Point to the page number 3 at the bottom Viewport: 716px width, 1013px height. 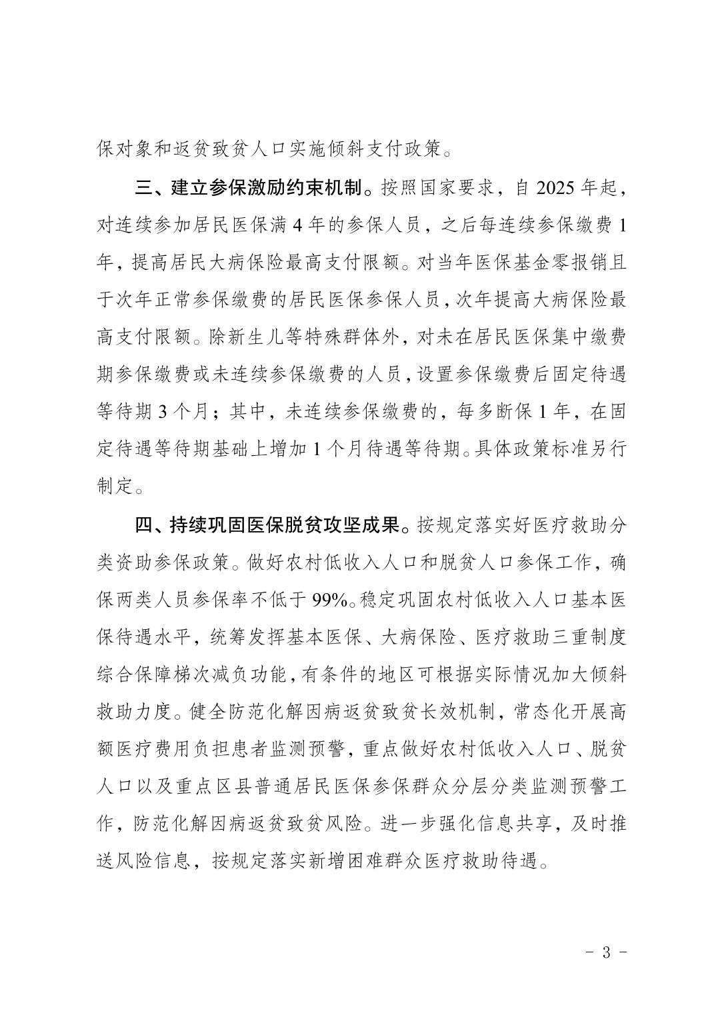tap(606, 952)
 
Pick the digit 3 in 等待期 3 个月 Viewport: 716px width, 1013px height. tap(165, 413)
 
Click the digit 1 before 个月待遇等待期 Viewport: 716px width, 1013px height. tap(319, 450)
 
